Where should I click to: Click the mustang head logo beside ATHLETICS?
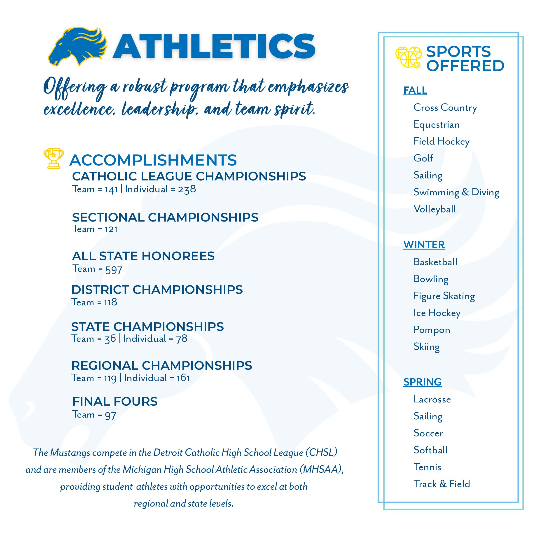coord(78,46)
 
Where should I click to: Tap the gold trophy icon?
coord(54,158)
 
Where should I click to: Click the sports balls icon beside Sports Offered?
coord(408,57)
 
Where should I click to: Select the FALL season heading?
coord(415,90)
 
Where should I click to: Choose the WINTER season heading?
coord(424,245)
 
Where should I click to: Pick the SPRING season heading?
coord(423,382)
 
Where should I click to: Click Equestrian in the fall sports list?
coord(437,125)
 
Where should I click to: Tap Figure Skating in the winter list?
coord(444,296)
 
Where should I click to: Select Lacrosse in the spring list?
coord(432,399)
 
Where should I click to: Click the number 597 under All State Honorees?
coord(114,269)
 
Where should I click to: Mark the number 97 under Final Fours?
coord(110,415)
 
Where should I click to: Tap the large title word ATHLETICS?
coord(214,46)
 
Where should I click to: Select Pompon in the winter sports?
coord(432,330)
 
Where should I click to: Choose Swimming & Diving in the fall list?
coord(456,192)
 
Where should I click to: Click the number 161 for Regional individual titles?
coord(183,378)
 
